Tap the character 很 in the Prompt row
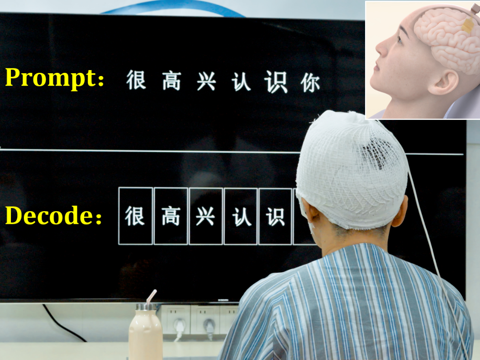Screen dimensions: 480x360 pyautogui.click(x=136, y=80)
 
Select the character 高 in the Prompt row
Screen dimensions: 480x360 pyautogui.click(x=171, y=81)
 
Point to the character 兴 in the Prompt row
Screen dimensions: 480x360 pyautogui.click(x=206, y=81)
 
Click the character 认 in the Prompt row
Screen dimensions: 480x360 pyautogui.click(x=241, y=82)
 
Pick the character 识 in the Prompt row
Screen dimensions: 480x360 pyautogui.click(x=276, y=82)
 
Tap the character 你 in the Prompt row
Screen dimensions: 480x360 pyautogui.click(x=310, y=83)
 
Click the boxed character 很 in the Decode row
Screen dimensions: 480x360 pyautogui.click(x=135, y=216)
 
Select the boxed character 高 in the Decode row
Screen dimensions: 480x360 pyautogui.click(x=171, y=216)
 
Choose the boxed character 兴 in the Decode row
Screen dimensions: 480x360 pyautogui.click(x=205, y=217)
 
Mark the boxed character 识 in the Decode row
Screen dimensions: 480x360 pyautogui.click(x=275, y=217)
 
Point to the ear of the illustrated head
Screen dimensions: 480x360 pyautogui.click(x=443, y=82)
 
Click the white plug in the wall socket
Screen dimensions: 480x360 pyautogui.click(x=180, y=325)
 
